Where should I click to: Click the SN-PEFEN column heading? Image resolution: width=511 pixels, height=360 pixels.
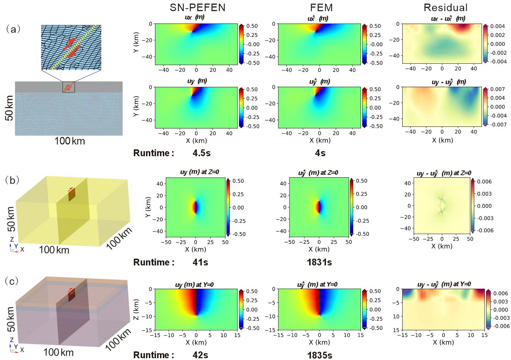pyautogui.click(x=198, y=8)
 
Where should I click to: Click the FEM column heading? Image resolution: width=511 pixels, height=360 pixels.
pyautogui.click(x=321, y=8)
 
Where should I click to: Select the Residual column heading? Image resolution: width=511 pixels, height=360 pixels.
pyautogui.click(x=446, y=8)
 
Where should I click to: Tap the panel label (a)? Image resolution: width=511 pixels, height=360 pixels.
pyautogui.click(x=13, y=29)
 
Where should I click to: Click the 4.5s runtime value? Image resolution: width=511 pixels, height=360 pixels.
pyautogui.click(x=201, y=153)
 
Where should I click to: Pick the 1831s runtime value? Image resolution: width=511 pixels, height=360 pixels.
pyautogui.click(x=319, y=263)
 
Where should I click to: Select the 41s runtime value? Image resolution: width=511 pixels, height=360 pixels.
pyautogui.click(x=200, y=263)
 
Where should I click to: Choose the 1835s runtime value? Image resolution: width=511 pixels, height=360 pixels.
pyautogui.click(x=320, y=355)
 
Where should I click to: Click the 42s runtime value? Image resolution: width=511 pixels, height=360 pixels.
pyautogui.click(x=200, y=355)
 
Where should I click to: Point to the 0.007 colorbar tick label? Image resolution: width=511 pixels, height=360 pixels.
pyautogui.click(x=498, y=89)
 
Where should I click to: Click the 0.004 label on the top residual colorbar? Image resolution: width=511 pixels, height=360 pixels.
pyautogui.click(x=498, y=26)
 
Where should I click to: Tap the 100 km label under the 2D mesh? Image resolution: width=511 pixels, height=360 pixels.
pyautogui.click(x=70, y=141)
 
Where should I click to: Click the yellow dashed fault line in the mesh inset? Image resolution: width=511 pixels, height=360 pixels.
pyautogui.click(x=73, y=47)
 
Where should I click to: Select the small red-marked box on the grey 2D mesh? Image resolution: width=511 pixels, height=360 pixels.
pyautogui.click(x=69, y=87)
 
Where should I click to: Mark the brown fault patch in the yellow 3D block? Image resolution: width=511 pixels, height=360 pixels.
pyautogui.click(x=72, y=195)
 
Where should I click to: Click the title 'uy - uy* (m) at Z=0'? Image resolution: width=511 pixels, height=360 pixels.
pyautogui.click(x=444, y=173)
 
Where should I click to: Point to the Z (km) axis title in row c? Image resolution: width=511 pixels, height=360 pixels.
pyautogui.click(x=136, y=309)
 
